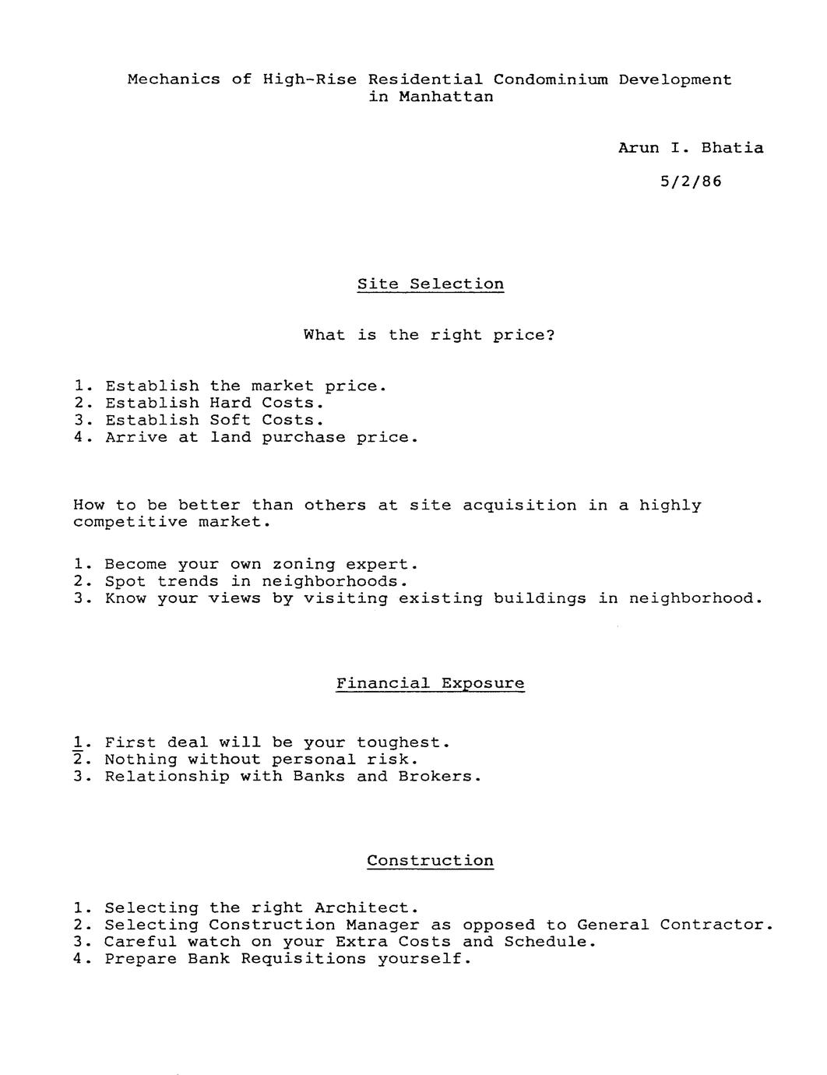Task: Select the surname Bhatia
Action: pos(732,148)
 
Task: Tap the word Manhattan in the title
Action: pos(445,97)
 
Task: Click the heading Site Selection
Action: pos(431,284)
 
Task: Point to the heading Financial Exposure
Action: pos(430,684)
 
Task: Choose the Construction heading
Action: pos(430,861)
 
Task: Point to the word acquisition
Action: pos(519,506)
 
